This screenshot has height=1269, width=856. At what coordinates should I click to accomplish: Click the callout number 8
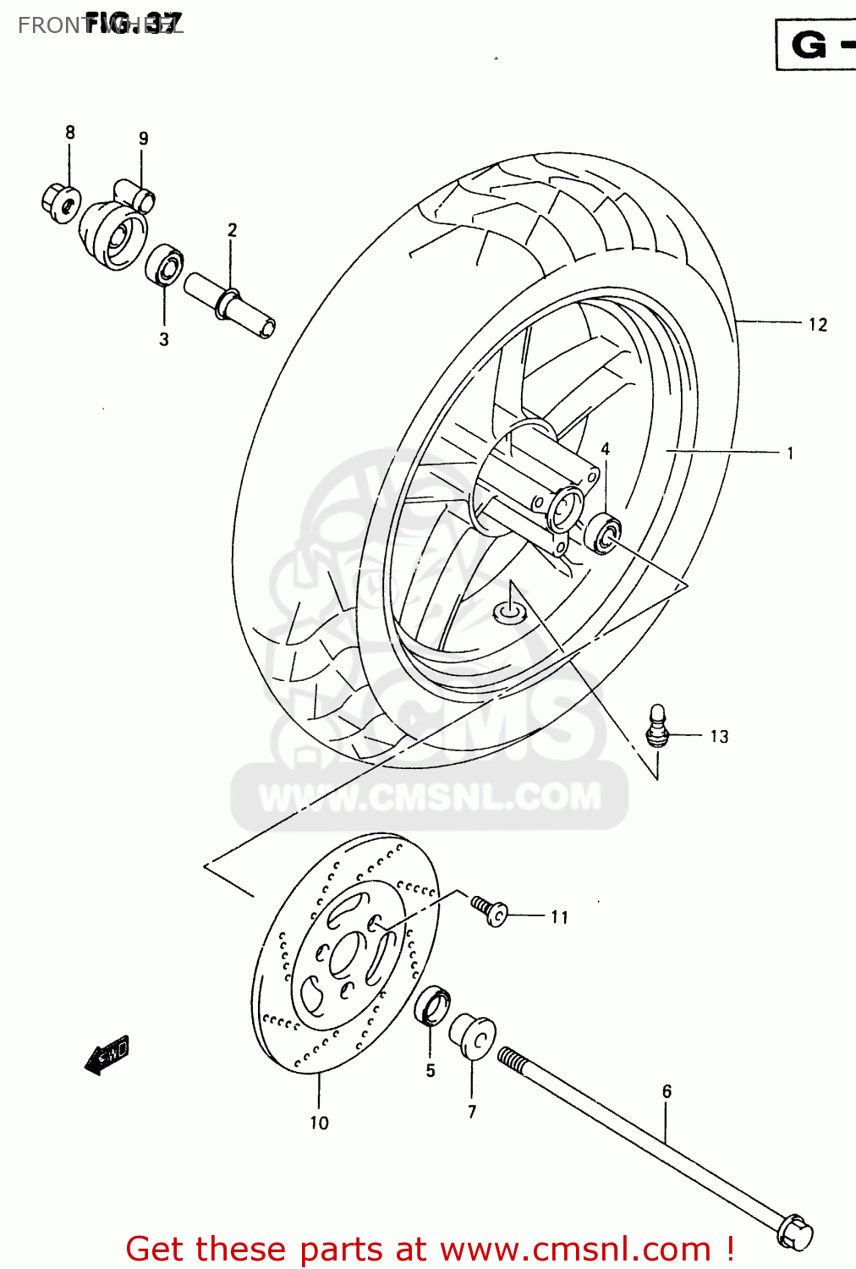click(x=70, y=133)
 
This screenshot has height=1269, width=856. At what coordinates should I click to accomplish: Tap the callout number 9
click(x=144, y=139)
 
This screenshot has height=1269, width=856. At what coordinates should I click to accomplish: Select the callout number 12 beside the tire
click(x=817, y=325)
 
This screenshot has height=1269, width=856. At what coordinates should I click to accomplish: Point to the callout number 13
click(x=719, y=737)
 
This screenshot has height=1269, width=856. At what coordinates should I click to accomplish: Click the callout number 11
click(x=559, y=917)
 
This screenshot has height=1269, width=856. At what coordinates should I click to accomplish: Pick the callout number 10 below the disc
click(x=319, y=1123)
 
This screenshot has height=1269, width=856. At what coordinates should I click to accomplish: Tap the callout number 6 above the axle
click(x=667, y=1092)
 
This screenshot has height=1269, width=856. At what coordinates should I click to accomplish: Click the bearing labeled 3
click(x=164, y=266)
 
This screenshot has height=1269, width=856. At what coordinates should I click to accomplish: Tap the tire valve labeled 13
click(x=658, y=726)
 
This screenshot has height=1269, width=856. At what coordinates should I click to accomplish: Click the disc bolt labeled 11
click(x=490, y=910)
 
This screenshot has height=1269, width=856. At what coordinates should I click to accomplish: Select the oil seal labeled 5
click(x=432, y=1003)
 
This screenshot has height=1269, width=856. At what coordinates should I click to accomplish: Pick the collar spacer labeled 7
click(x=472, y=1036)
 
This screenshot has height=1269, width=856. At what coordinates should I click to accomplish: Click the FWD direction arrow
click(x=107, y=1055)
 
